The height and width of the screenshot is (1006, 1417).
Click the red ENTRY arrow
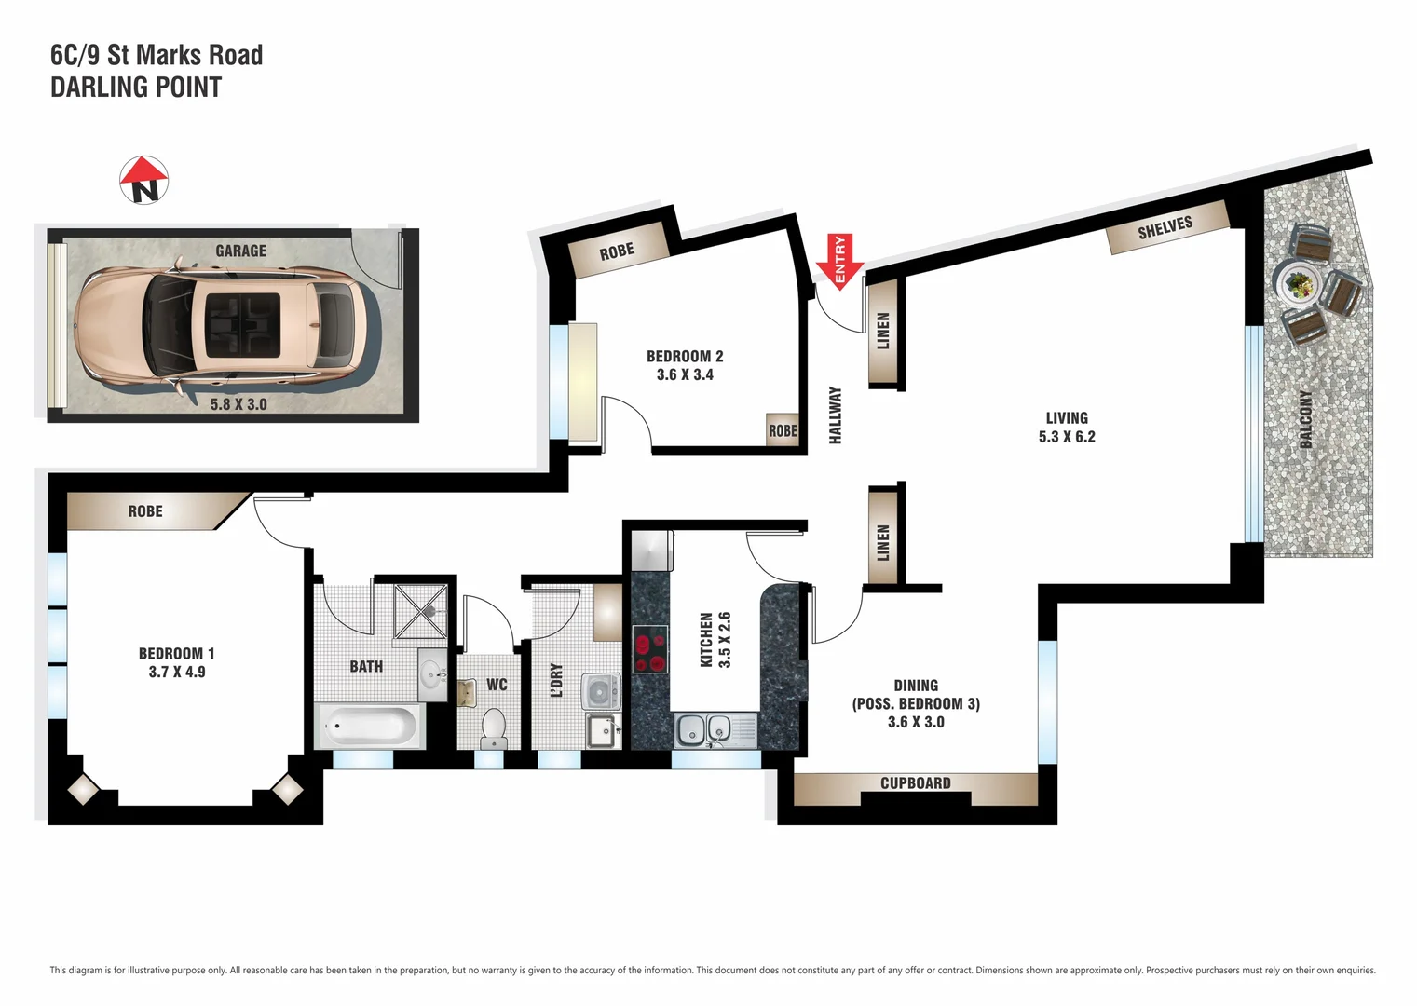tap(839, 263)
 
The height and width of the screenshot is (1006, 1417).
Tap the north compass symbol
tap(144, 180)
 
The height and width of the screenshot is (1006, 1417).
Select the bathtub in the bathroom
tap(371, 726)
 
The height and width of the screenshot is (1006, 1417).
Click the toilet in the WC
tap(493, 727)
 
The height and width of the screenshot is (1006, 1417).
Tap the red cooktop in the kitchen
tap(649, 649)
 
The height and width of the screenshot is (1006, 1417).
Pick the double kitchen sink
tap(704, 729)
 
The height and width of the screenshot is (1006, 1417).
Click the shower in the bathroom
tap(421, 611)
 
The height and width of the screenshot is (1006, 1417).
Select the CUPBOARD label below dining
tap(915, 783)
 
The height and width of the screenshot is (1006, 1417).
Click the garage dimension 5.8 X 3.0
tap(238, 404)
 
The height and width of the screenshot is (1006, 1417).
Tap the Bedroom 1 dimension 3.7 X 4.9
tap(177, 672)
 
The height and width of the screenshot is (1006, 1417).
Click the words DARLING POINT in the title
tap(136, 88)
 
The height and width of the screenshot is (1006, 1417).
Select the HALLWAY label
tap(836, 415)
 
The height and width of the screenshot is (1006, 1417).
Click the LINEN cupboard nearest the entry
tap(883, 331)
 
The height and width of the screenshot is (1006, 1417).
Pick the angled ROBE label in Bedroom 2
tap(617, 251)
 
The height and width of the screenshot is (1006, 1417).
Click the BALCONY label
tap(1306, 419)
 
